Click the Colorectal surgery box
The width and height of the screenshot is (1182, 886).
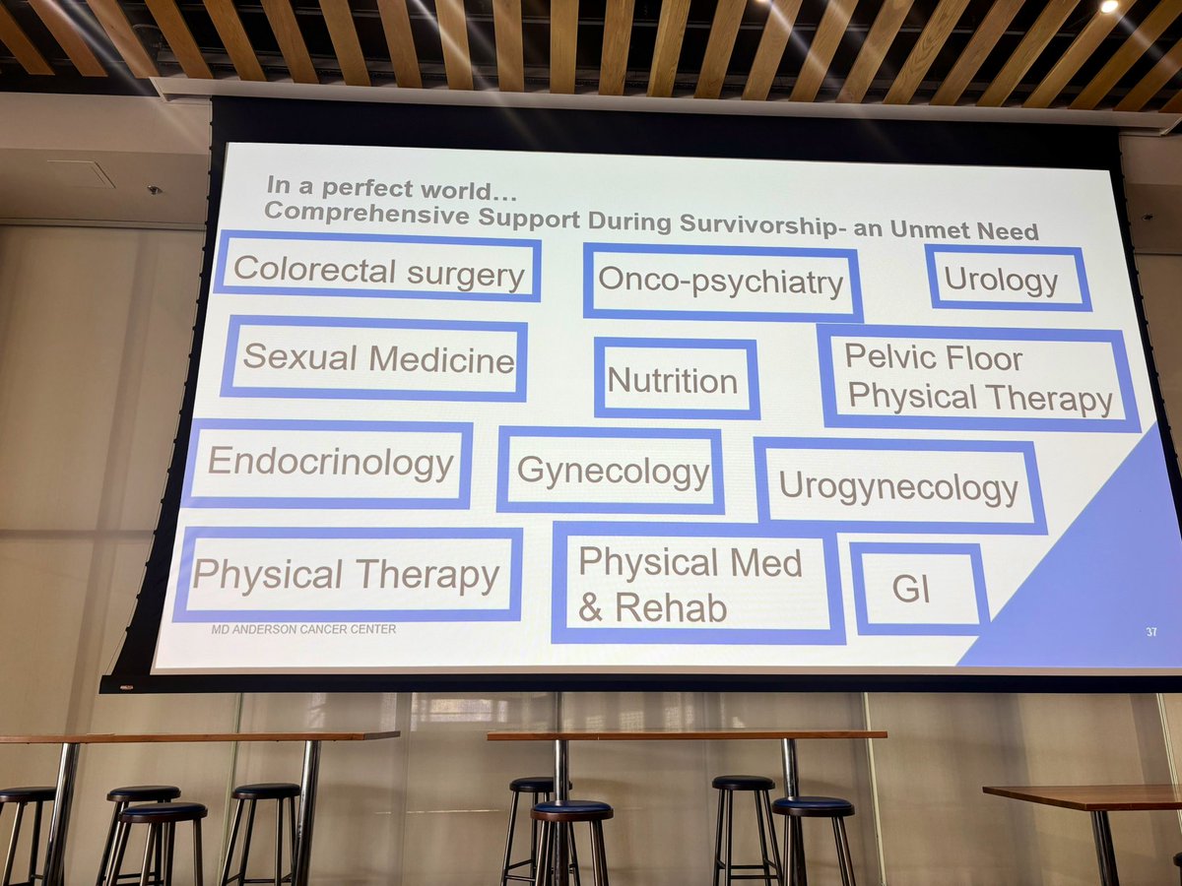(377, 270)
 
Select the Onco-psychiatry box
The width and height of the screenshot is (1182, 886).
(721, 282)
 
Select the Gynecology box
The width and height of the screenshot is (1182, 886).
(611, 471)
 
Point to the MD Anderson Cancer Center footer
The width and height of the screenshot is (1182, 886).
(304, 629)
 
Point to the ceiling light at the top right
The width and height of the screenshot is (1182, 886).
(1110, 6)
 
